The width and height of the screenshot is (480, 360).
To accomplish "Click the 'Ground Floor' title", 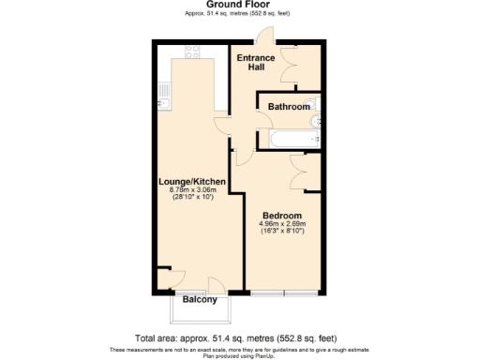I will click(x=239, y=6).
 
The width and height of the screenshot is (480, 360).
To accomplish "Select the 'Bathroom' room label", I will click(x=289, y=107).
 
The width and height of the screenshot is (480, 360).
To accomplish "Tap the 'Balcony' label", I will click(x=200, y=300).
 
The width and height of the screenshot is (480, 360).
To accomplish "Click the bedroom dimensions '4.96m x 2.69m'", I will click(x=281, y=224).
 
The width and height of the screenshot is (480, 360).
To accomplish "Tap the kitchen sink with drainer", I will click(x=163, y=95).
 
